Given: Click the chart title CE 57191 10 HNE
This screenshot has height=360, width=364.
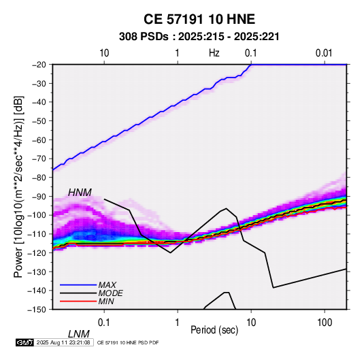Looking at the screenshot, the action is coord(199,19).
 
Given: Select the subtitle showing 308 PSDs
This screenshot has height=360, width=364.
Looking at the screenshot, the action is coord(199,37).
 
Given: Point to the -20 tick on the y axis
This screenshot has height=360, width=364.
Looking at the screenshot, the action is coord(39,65).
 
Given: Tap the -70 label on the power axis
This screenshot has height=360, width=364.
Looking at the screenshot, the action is coord(39,159).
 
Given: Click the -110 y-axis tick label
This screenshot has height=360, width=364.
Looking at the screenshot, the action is coord(37,234).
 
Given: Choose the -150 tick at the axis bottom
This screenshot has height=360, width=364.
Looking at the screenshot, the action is coord(37,310).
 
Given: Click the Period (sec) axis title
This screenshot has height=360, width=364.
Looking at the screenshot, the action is coord(214,330).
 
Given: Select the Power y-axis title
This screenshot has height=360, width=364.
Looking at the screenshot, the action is coord(18,187).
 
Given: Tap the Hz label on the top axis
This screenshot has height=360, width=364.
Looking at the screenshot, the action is coord(214,53).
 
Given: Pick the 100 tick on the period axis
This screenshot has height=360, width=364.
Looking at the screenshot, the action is coord(325,323).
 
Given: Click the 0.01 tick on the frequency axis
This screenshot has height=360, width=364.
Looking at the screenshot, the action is coord(324,53).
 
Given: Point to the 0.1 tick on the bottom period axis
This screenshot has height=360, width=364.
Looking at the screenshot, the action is coord(103,323).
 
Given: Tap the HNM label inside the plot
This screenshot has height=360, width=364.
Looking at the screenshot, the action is coord(80,193).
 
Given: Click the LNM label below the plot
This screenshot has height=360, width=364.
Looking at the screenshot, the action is coord(79,334).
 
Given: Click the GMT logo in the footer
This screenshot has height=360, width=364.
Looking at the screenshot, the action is coord(25,342).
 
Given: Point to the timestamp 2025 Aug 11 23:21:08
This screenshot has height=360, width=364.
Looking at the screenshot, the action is coord(63,342).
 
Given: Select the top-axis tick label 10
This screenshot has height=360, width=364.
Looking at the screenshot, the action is coord(104,53).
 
